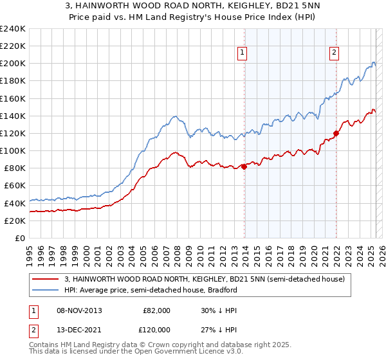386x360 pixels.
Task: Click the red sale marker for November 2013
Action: coord(244,166)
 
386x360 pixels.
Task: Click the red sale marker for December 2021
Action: coord(336,134)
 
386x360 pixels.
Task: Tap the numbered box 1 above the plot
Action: coord(241,53)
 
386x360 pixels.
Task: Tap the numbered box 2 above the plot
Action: coord(335,53)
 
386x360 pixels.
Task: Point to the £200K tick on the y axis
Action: coord(13,64)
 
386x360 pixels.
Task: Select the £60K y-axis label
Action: coord(15,186)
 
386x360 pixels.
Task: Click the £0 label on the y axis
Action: coord(21,238)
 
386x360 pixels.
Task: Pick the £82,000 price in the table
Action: coord(156,310)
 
